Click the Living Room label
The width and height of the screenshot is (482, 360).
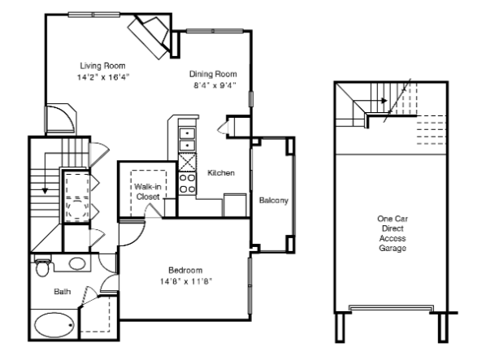[x=102, y=66]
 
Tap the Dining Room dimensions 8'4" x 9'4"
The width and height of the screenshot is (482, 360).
[x=215, y=85]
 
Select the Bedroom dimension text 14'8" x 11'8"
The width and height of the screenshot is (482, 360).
[x=186, y=281]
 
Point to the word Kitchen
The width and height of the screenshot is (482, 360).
[x=221, y=173]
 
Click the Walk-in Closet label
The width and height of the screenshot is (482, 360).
[x=148, y=192]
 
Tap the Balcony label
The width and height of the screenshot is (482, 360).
[x=274, y=201]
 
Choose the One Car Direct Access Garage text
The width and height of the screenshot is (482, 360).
[x=393, y=233]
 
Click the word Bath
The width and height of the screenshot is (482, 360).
[x=63, y=292]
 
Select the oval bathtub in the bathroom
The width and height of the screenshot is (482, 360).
[x=54, y=325]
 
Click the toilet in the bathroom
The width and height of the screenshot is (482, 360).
[x=42, y=267]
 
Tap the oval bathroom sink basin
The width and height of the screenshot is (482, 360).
[x=77, y=264]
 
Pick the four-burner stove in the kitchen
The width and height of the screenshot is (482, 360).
[x=187, y=183]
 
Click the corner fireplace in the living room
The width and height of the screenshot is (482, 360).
[x=149, y=37]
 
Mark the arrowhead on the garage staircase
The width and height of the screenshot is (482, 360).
[x=384, y=101]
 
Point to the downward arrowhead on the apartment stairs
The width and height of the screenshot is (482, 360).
[x=46, y=191]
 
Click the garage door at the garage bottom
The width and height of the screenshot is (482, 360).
[x=391, y=308]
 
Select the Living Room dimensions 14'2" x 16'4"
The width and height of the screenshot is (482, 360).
[x=103, y=77]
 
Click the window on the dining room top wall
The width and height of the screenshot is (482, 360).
[x=215, y=31]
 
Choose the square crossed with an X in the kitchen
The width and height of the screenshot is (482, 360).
[x=188, y=162]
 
